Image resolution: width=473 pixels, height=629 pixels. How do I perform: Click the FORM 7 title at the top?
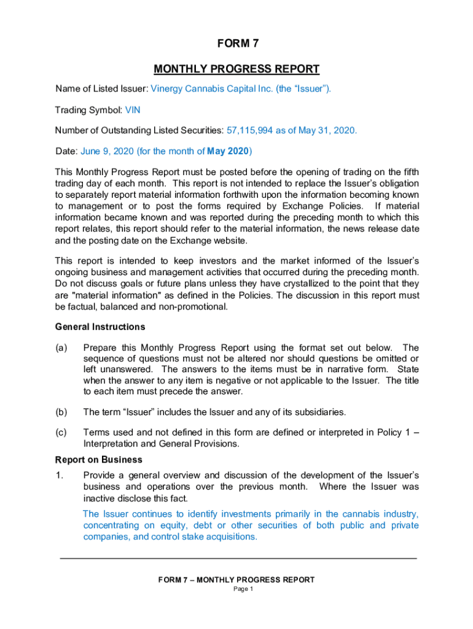pos(237,44)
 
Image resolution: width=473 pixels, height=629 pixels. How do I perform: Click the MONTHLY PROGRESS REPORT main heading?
pos(237,69)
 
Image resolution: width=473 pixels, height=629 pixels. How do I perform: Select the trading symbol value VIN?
pos(133,111)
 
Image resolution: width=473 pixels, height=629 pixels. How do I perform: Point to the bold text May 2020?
pos(228,151)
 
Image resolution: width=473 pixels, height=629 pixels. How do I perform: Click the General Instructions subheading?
pos(100,327)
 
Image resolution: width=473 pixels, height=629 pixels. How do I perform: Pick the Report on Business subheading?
pos(99,459)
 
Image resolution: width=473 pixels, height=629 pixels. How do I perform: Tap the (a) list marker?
pos(61,348)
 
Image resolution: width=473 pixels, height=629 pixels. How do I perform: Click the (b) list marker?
pos(61,412)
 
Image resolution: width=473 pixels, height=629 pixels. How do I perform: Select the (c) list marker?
pos(61,432)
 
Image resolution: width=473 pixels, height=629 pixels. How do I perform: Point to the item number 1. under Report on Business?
pos(59,475)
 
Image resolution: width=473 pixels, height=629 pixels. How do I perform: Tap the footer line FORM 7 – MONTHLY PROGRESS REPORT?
pos(237,580)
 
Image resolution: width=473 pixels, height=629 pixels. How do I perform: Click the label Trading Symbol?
pos(88,111)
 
